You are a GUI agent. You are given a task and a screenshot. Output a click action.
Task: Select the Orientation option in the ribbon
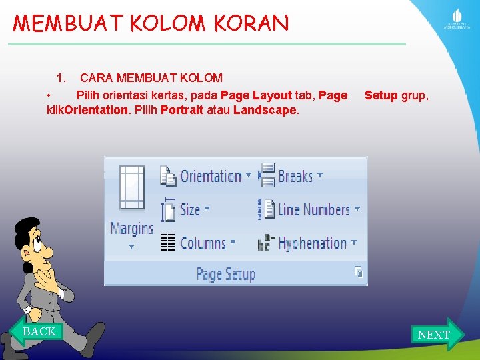click(205, 176)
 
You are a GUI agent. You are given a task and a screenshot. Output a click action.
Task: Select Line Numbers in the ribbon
click(310, 210)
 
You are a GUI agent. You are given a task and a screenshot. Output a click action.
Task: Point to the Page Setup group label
click(225, 274)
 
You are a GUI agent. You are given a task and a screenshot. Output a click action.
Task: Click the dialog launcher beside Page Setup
click(359, 272)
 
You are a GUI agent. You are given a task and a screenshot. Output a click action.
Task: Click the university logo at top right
click(457, 19)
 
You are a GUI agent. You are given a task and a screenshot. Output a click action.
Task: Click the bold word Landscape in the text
click(265, 110)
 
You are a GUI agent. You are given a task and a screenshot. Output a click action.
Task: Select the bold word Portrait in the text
click(182, 110)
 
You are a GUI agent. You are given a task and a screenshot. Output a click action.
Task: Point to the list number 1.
click(61, 78)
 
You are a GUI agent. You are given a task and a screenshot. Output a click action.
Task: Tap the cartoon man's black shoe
click(93, 333)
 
